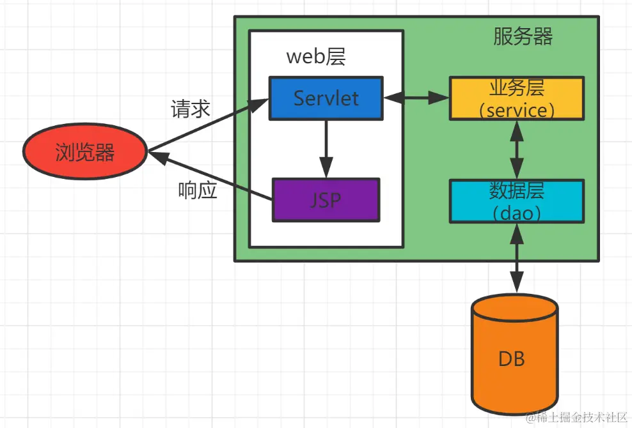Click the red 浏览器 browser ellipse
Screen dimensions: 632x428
(x=84, y=151)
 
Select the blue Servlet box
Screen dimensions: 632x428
(x=326, y=98)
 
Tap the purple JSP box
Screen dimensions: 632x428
(x=326, y=200)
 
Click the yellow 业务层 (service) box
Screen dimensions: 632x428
(x=517, y=98)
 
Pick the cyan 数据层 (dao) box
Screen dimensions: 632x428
(x=517, y=201)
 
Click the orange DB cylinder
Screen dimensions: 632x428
(x=515, y=354)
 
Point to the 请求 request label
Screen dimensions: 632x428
(x=190, y=109)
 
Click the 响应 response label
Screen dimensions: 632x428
(x=198, y=190)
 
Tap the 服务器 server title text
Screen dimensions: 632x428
(x=523, y=36)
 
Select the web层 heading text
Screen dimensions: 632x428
(x=316, y=56)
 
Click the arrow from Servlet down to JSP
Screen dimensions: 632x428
(x=326, y=149)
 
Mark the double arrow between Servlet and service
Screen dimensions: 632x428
(x=416, y=98)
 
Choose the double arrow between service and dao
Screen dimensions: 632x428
(x=517, y=149)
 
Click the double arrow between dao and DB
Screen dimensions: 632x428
(x=517, y=257)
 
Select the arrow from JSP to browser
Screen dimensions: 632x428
(x=210, y=176)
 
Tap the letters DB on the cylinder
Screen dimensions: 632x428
(x=512, y=359)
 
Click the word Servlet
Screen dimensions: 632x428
(x=326, y=98)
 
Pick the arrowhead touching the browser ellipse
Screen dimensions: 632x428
(x=158, y=157)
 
